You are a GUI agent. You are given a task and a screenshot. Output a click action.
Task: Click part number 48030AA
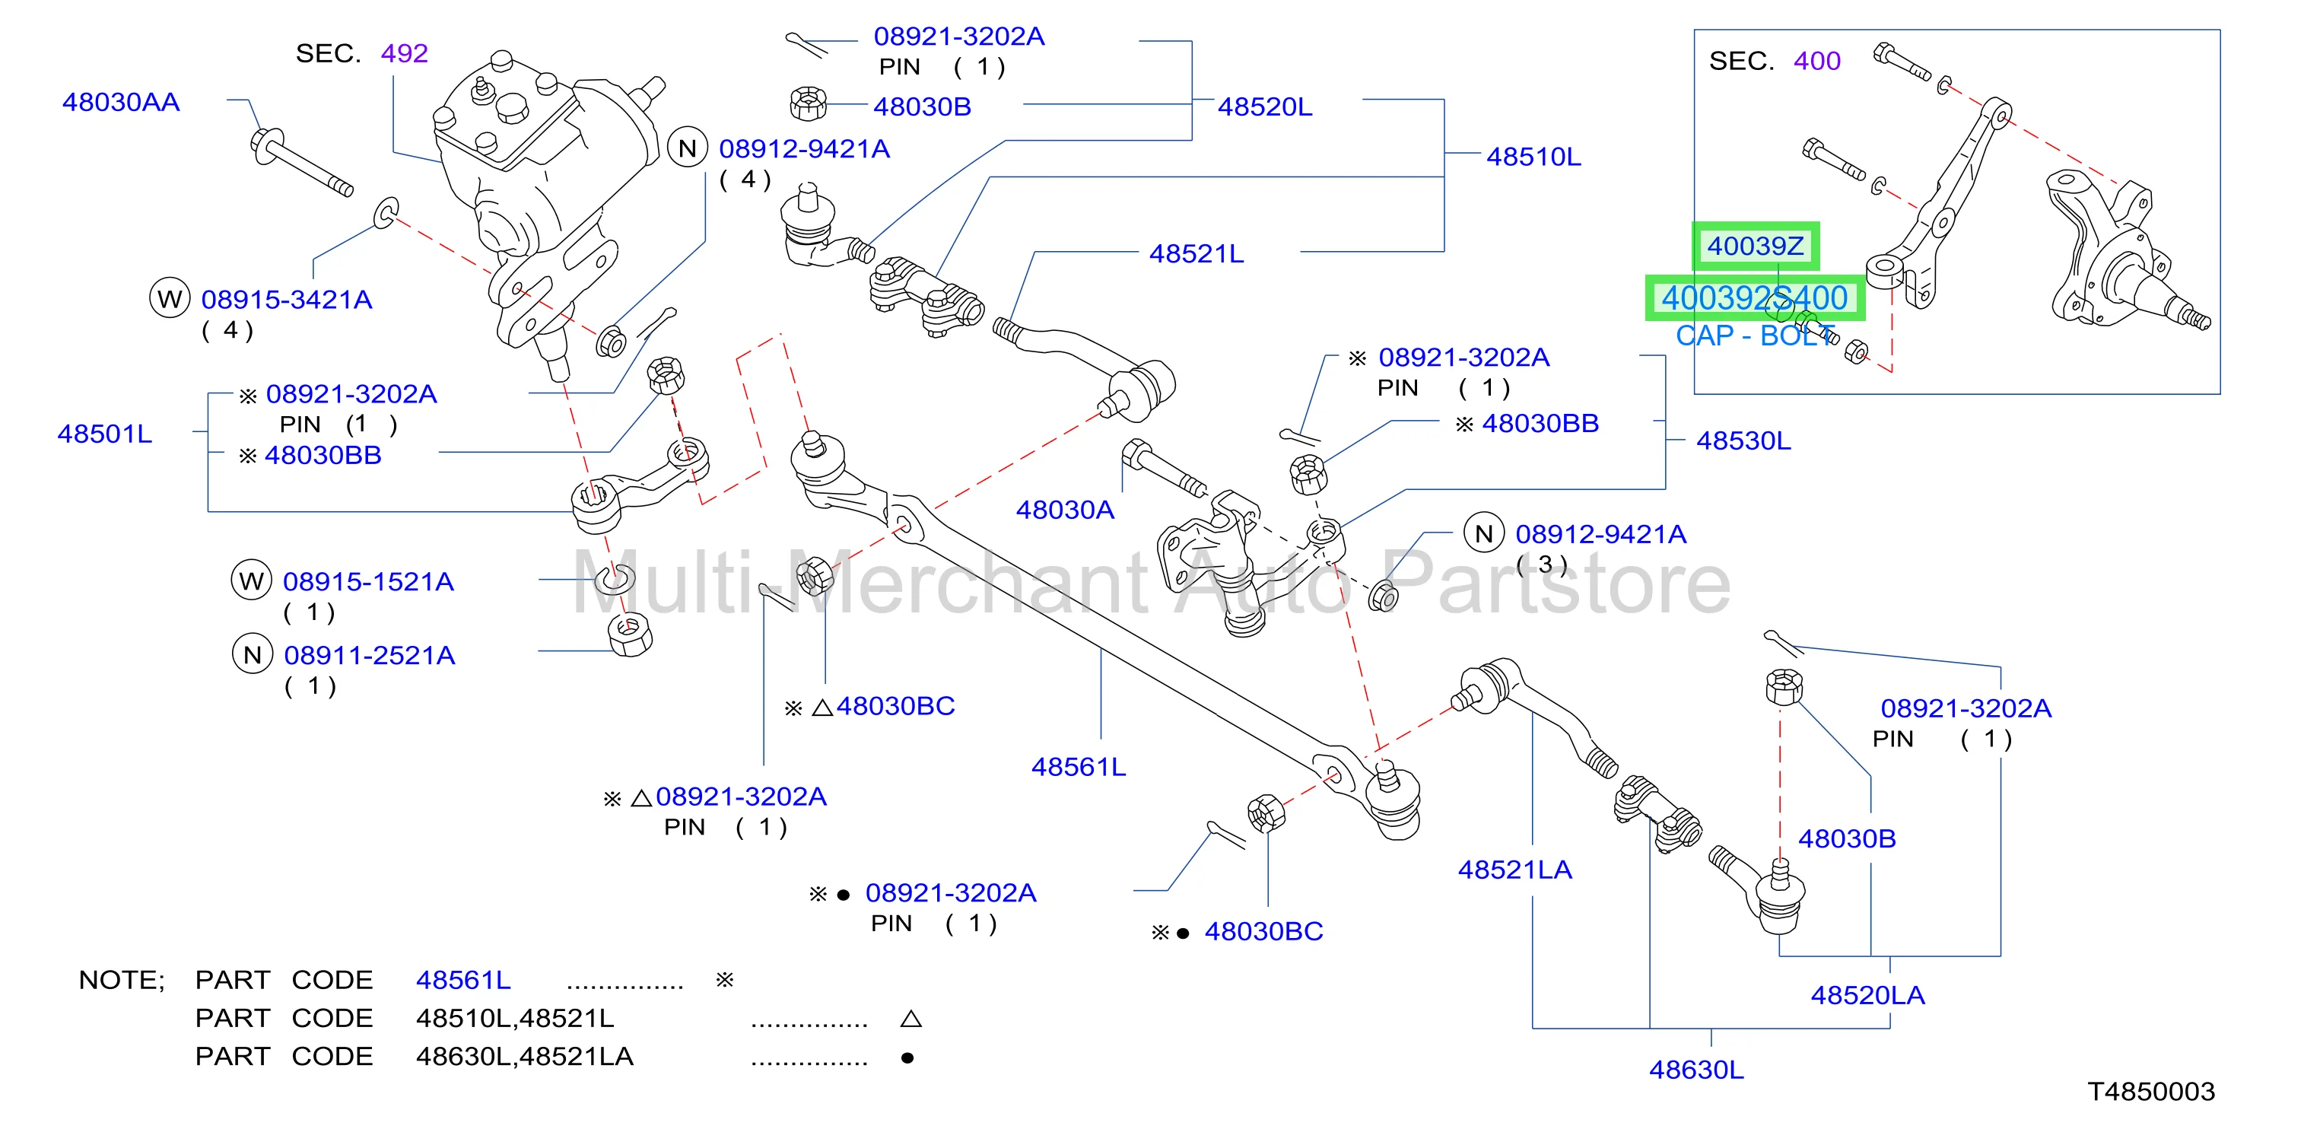(121, 102)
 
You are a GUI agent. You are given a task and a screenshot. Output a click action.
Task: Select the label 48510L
(1533, 157)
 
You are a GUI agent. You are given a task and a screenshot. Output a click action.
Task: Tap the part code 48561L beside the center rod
(1078, 767)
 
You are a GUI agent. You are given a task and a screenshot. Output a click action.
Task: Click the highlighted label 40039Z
(1755, 246)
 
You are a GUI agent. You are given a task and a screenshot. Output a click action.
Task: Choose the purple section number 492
(404, 54)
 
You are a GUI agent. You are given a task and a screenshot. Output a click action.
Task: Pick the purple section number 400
(1816, 61)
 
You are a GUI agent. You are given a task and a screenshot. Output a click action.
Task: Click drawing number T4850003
(2151, 1092)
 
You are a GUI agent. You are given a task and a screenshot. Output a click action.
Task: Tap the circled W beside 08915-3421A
(170, 299)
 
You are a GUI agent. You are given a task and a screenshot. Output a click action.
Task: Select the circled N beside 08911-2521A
(253, 655)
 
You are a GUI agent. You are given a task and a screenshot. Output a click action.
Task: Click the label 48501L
(105, 434)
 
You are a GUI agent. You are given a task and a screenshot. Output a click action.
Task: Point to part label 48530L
(1743, 441)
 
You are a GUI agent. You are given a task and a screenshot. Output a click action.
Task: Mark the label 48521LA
(1514, 870)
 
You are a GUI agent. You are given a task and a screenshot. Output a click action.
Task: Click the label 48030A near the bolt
(1064, 510)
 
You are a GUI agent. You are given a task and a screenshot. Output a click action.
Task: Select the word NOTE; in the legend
(122, 981)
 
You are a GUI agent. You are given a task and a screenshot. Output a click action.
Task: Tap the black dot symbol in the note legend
(907, 1057)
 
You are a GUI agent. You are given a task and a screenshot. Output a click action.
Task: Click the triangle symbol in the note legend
(910, 1018)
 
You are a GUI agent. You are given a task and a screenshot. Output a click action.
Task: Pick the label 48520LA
(1867, 995)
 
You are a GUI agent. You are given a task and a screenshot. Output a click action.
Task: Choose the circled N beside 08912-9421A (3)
(1484, 533)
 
